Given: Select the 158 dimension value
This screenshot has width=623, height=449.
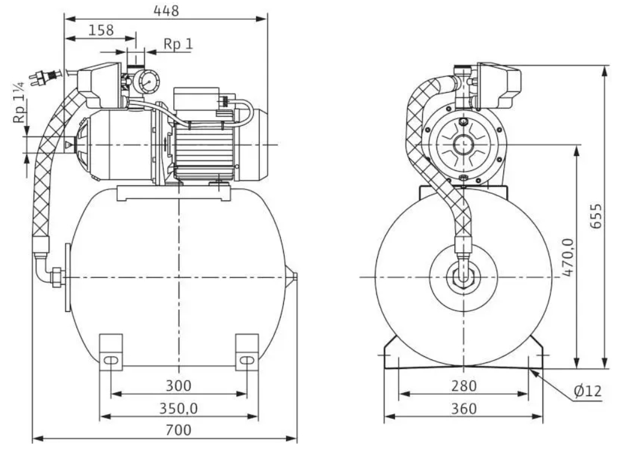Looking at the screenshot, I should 100,30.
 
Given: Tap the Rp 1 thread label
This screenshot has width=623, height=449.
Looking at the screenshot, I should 177,45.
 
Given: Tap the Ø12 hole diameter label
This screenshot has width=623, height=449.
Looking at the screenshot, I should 588,391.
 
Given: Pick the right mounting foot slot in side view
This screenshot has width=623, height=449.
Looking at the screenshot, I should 247,360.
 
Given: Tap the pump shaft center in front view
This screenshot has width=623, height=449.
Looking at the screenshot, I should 463,144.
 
